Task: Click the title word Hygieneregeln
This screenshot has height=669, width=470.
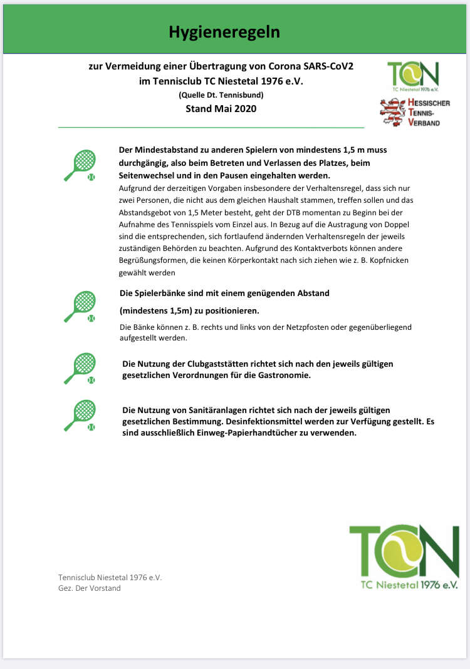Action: (224, 33)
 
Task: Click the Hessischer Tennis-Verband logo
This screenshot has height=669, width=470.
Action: (415, 113)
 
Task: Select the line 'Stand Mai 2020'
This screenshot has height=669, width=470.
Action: (221, 108)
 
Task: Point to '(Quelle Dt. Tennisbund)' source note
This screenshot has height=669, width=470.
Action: (221, 95)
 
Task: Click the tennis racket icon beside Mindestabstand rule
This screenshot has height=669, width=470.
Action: (81, 166)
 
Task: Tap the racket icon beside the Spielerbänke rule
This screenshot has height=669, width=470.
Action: (81, 307)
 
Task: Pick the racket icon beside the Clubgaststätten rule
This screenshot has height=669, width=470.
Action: (81, 369)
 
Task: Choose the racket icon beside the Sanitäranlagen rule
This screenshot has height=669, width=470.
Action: (81, 416)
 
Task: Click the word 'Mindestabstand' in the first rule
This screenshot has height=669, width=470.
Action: (165, 150)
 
